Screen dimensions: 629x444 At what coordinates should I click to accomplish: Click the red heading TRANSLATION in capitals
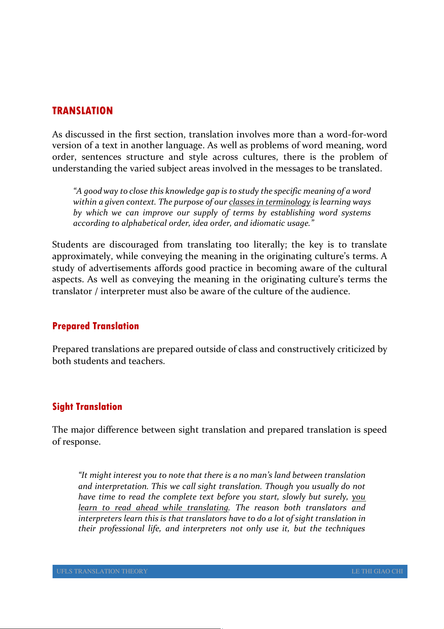[82, 111]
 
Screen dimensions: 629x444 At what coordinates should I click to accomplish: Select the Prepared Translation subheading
[95, 326]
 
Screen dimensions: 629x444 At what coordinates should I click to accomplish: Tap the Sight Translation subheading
[87, 407]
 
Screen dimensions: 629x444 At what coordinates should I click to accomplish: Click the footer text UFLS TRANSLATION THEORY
[102, 571]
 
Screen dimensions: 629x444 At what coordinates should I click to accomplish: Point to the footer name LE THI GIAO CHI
[377, 571]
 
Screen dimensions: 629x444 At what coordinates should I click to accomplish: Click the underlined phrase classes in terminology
[270, 202]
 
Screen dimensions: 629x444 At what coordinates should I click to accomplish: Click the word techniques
[345, 529]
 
